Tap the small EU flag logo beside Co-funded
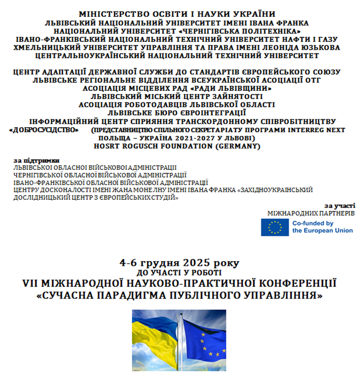click(x=274, y=227)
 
